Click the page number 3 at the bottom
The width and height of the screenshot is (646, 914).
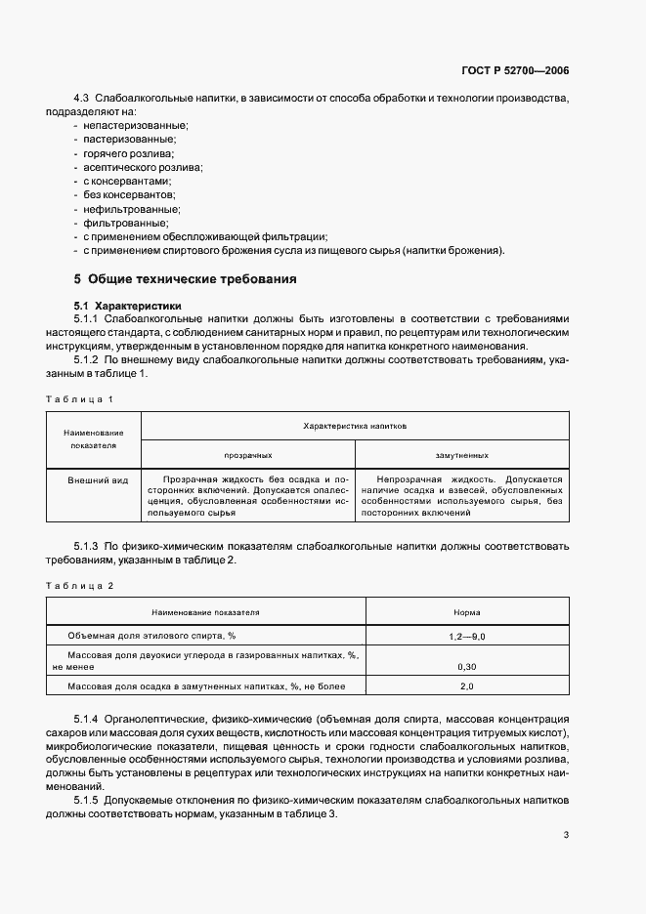coord(567,834)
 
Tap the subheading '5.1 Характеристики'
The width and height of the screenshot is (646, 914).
coord(127,306)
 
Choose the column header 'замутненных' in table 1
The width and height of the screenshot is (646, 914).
coord(461,455)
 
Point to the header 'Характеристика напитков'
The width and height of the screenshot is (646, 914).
coord(355,427)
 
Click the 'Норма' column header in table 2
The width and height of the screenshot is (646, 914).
coord(466,612)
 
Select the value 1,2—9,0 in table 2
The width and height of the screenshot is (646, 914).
coord(466,636)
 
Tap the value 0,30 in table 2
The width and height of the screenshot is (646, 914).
coord(466,666)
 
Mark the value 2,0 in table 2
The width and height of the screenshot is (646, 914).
coord(466,686)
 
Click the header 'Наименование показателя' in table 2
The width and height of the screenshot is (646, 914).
coord(205,612)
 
